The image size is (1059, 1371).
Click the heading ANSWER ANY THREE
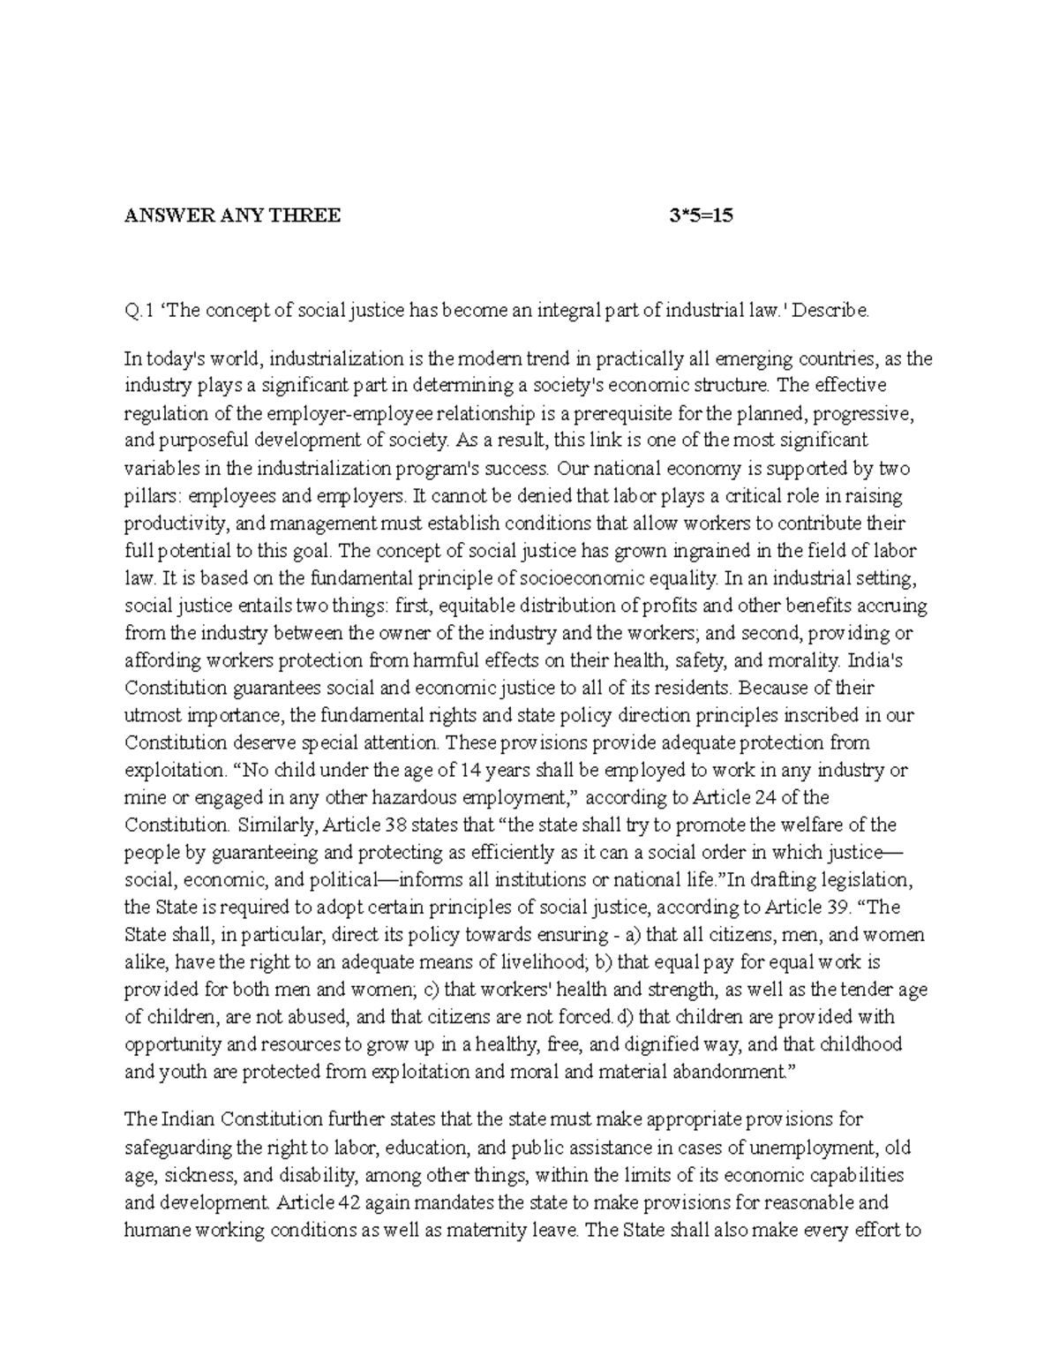tap(232, 216)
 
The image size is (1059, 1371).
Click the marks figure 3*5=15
tap(702, 216)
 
